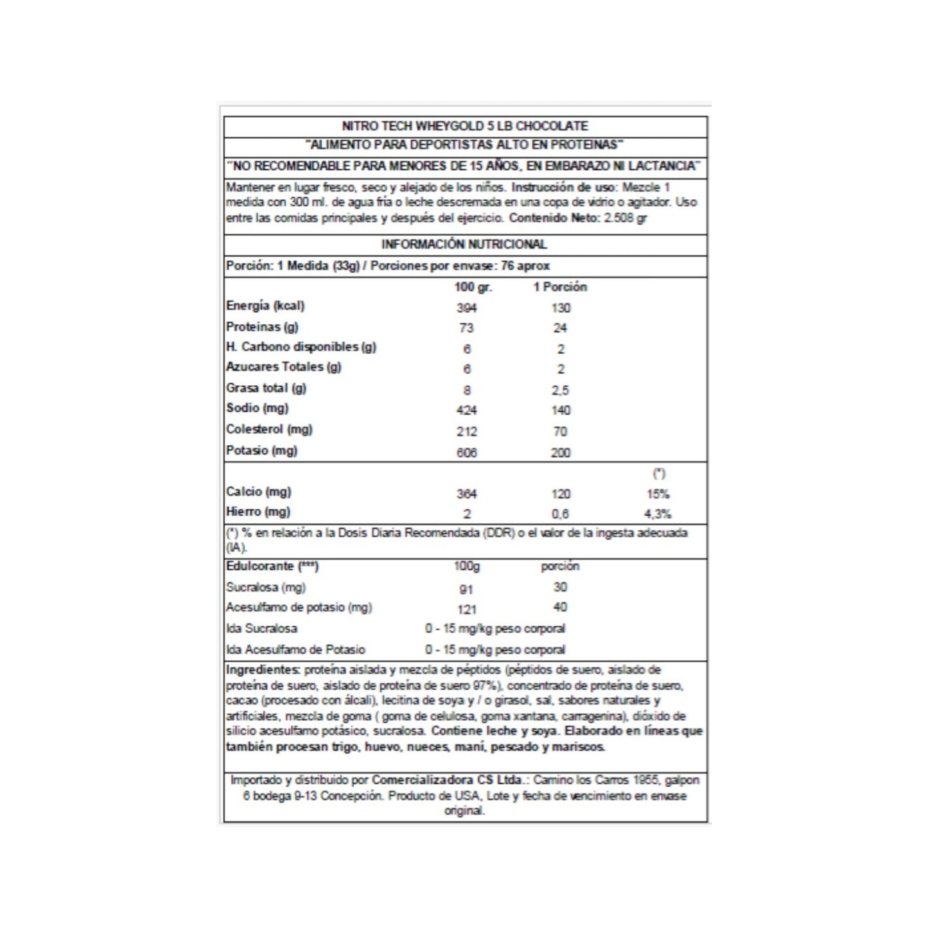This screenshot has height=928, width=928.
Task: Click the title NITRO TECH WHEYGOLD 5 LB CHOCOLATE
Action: point(464,126)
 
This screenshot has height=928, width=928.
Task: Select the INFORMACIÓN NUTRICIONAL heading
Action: point(464,244)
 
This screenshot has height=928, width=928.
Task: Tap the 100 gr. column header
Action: point(473,287)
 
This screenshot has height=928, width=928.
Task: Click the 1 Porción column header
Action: point(560,287)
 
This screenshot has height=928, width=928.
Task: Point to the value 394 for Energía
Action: point(466,308)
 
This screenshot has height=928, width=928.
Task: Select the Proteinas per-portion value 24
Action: point(560,328)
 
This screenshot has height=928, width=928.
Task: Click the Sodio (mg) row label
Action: point(258,408)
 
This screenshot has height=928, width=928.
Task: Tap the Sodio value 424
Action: point(466,410)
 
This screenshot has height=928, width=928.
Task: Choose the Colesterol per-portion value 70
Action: point(560,432)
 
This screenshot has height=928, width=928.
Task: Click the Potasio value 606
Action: point(466,453)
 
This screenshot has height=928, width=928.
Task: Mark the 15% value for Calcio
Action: point(658,494)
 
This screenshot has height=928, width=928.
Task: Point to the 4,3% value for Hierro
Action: point(658,514)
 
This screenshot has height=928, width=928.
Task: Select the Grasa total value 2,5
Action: point(560,390)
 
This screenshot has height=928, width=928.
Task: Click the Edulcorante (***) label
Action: point(272,566)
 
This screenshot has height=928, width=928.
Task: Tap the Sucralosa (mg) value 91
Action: point(466,590)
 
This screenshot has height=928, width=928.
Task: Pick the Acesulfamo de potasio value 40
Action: point(560,607)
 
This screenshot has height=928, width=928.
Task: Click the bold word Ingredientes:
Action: point(263,670)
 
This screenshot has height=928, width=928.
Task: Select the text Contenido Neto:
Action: point(555,218)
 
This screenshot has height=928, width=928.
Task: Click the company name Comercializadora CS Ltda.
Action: point(447,780)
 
